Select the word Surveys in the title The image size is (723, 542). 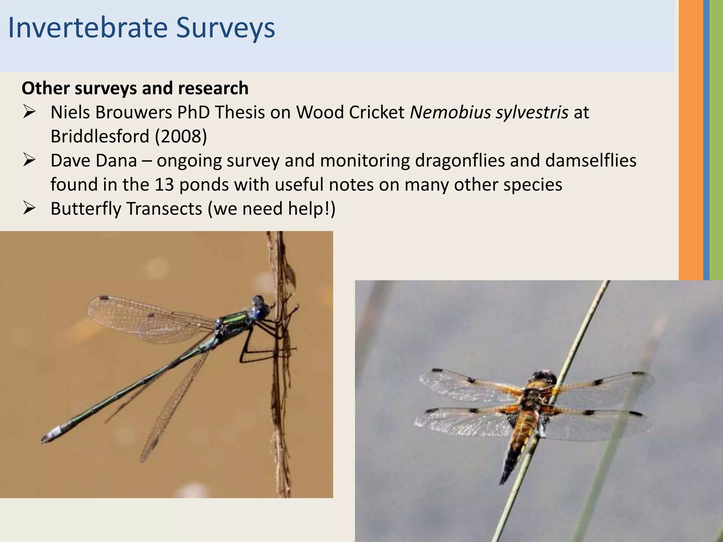click(225, 28)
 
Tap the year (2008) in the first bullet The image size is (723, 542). click(181, 136)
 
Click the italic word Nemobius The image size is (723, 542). click(450, 112)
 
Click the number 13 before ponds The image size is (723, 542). click(164, 185)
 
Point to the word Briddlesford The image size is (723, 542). click(100, 136)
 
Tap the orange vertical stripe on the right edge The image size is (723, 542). click(691, 141)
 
